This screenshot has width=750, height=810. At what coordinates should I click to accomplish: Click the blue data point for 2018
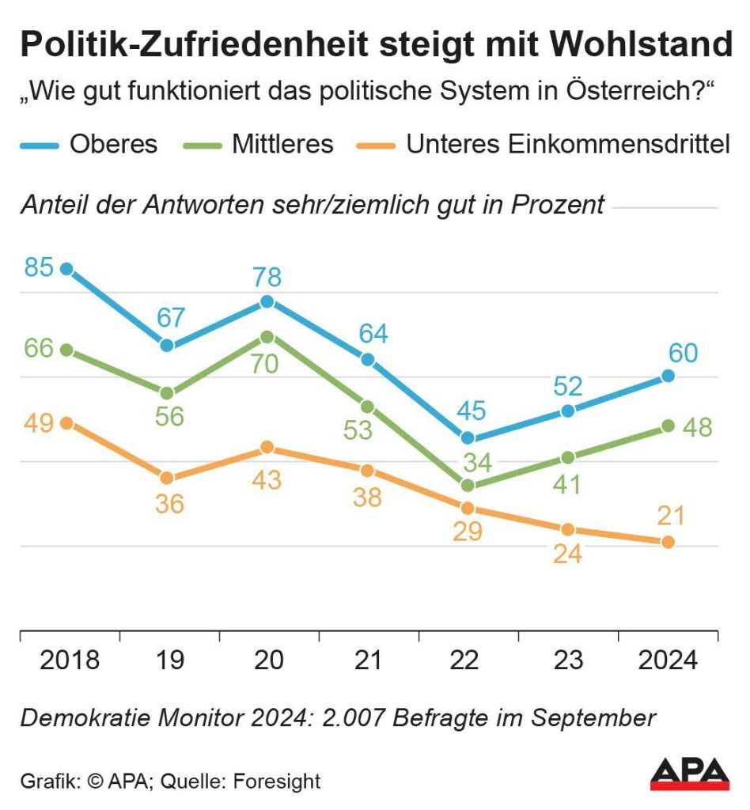pyautogui.click(x=66, y=269)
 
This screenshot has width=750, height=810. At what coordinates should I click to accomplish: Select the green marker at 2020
pyautogui.click(x=267, y=337)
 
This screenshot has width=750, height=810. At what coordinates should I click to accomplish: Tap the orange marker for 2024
pyautogui.click(x=669, y=542)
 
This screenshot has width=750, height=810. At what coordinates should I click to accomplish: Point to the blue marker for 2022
pyautogui.click(x=468, y=437)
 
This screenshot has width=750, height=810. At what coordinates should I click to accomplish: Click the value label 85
pyautogui.click(x=38, y=267)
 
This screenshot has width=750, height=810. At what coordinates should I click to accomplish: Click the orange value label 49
pyautogui.click(x=38, y=422)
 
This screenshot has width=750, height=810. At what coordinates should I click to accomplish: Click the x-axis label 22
pyautogui.click(x=468, y=660)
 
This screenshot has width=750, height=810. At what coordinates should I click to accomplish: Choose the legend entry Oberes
pyautogui.click(x=113, y=145)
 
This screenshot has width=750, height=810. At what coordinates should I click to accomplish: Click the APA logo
pyautogui.click(x=689, y=773)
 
